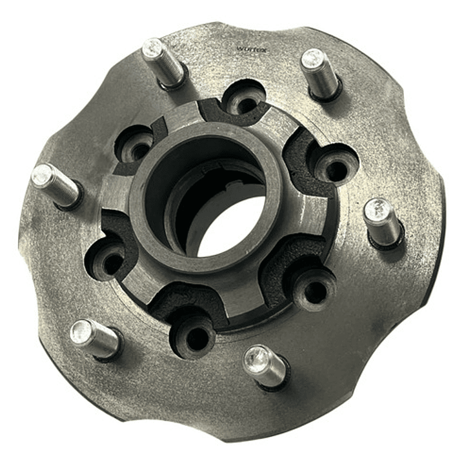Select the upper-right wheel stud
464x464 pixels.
coord(320,72)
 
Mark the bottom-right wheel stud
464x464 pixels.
coord(265,365)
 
